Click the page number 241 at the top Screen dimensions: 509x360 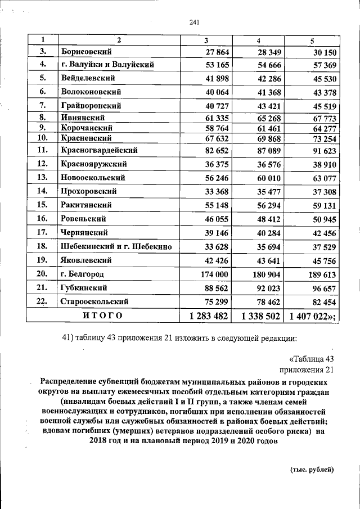pyautogui.click(x=195, y=22)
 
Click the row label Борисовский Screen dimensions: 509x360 pyautogui.click(x=84, y=52)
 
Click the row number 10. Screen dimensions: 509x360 pyautogui.click(x=42, y=138)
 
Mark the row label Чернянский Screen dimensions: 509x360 pyautogui.click(x=85, y=232)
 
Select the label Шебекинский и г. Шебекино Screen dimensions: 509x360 pyautogui.click(x=116, y=246)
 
